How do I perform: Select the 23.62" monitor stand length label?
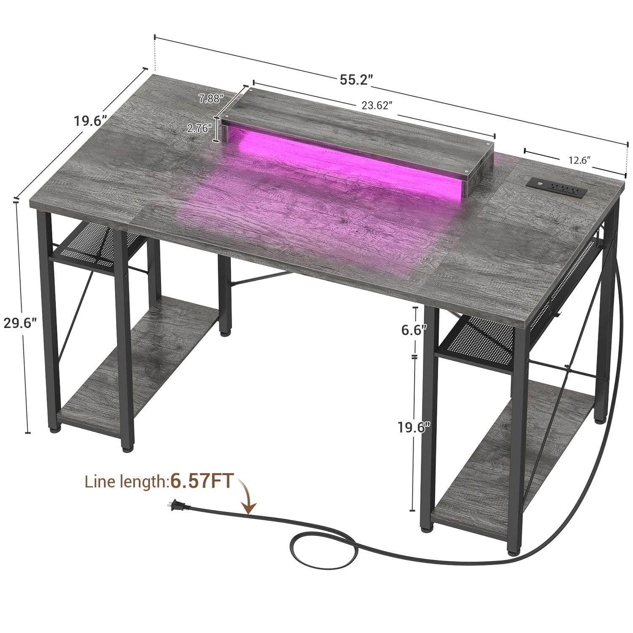click(x=377, y=106)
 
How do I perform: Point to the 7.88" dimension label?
click(x=211, y=98)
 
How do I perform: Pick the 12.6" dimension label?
click(x=579, y=160)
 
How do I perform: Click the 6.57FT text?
click(x=201, y=482)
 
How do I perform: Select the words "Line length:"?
click(x=126, y=482)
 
